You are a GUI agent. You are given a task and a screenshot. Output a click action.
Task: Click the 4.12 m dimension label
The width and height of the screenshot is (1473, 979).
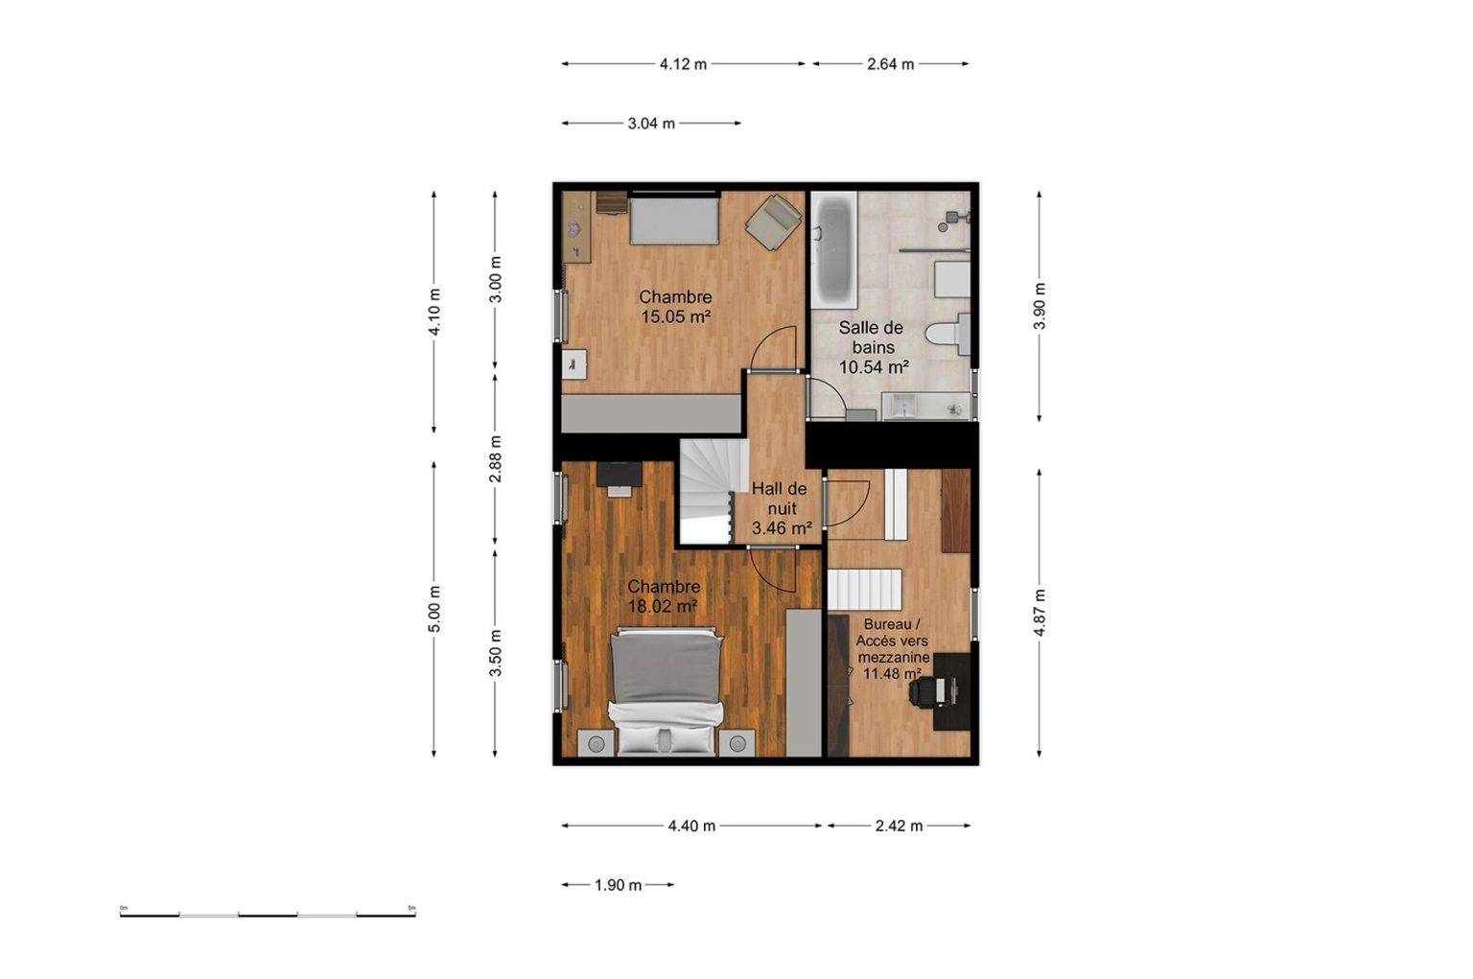click(683, 64)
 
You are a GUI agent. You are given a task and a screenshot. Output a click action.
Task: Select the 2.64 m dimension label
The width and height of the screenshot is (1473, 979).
click(890, 64)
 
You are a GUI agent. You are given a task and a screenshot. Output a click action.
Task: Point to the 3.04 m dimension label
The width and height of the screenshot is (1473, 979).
click(651, 124)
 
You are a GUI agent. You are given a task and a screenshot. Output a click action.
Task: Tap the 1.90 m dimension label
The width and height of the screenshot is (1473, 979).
click(619, 885)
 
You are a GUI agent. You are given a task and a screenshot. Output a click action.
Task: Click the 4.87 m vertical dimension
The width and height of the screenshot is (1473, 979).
click(1039, 613)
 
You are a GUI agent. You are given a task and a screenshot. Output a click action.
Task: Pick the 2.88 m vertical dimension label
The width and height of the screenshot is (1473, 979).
click(495, 459)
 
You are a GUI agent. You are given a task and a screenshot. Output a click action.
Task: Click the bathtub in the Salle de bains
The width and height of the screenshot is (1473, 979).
click(833, 250)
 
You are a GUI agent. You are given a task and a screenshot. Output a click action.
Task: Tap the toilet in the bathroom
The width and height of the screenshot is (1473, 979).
click(947, 334)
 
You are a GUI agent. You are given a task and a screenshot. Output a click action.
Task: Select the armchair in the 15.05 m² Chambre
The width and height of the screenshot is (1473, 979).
click(773, 222)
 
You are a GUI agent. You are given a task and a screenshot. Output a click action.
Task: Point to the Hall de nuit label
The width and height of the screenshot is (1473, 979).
click(780, 499)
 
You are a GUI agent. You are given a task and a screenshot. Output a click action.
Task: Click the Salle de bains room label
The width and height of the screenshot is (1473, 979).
click(871, 338)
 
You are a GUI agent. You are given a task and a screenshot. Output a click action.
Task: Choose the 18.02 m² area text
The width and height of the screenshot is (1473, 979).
click(663, 606)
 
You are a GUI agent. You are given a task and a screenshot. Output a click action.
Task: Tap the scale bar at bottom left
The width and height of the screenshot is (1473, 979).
click(268, 914)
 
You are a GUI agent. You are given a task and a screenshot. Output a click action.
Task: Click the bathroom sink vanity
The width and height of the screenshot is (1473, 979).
click(925, 406)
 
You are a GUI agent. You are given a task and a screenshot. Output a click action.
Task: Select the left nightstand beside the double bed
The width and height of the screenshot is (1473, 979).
click(596, 744)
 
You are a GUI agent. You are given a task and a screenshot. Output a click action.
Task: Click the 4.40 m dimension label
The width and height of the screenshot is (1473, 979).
click(691, 827)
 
